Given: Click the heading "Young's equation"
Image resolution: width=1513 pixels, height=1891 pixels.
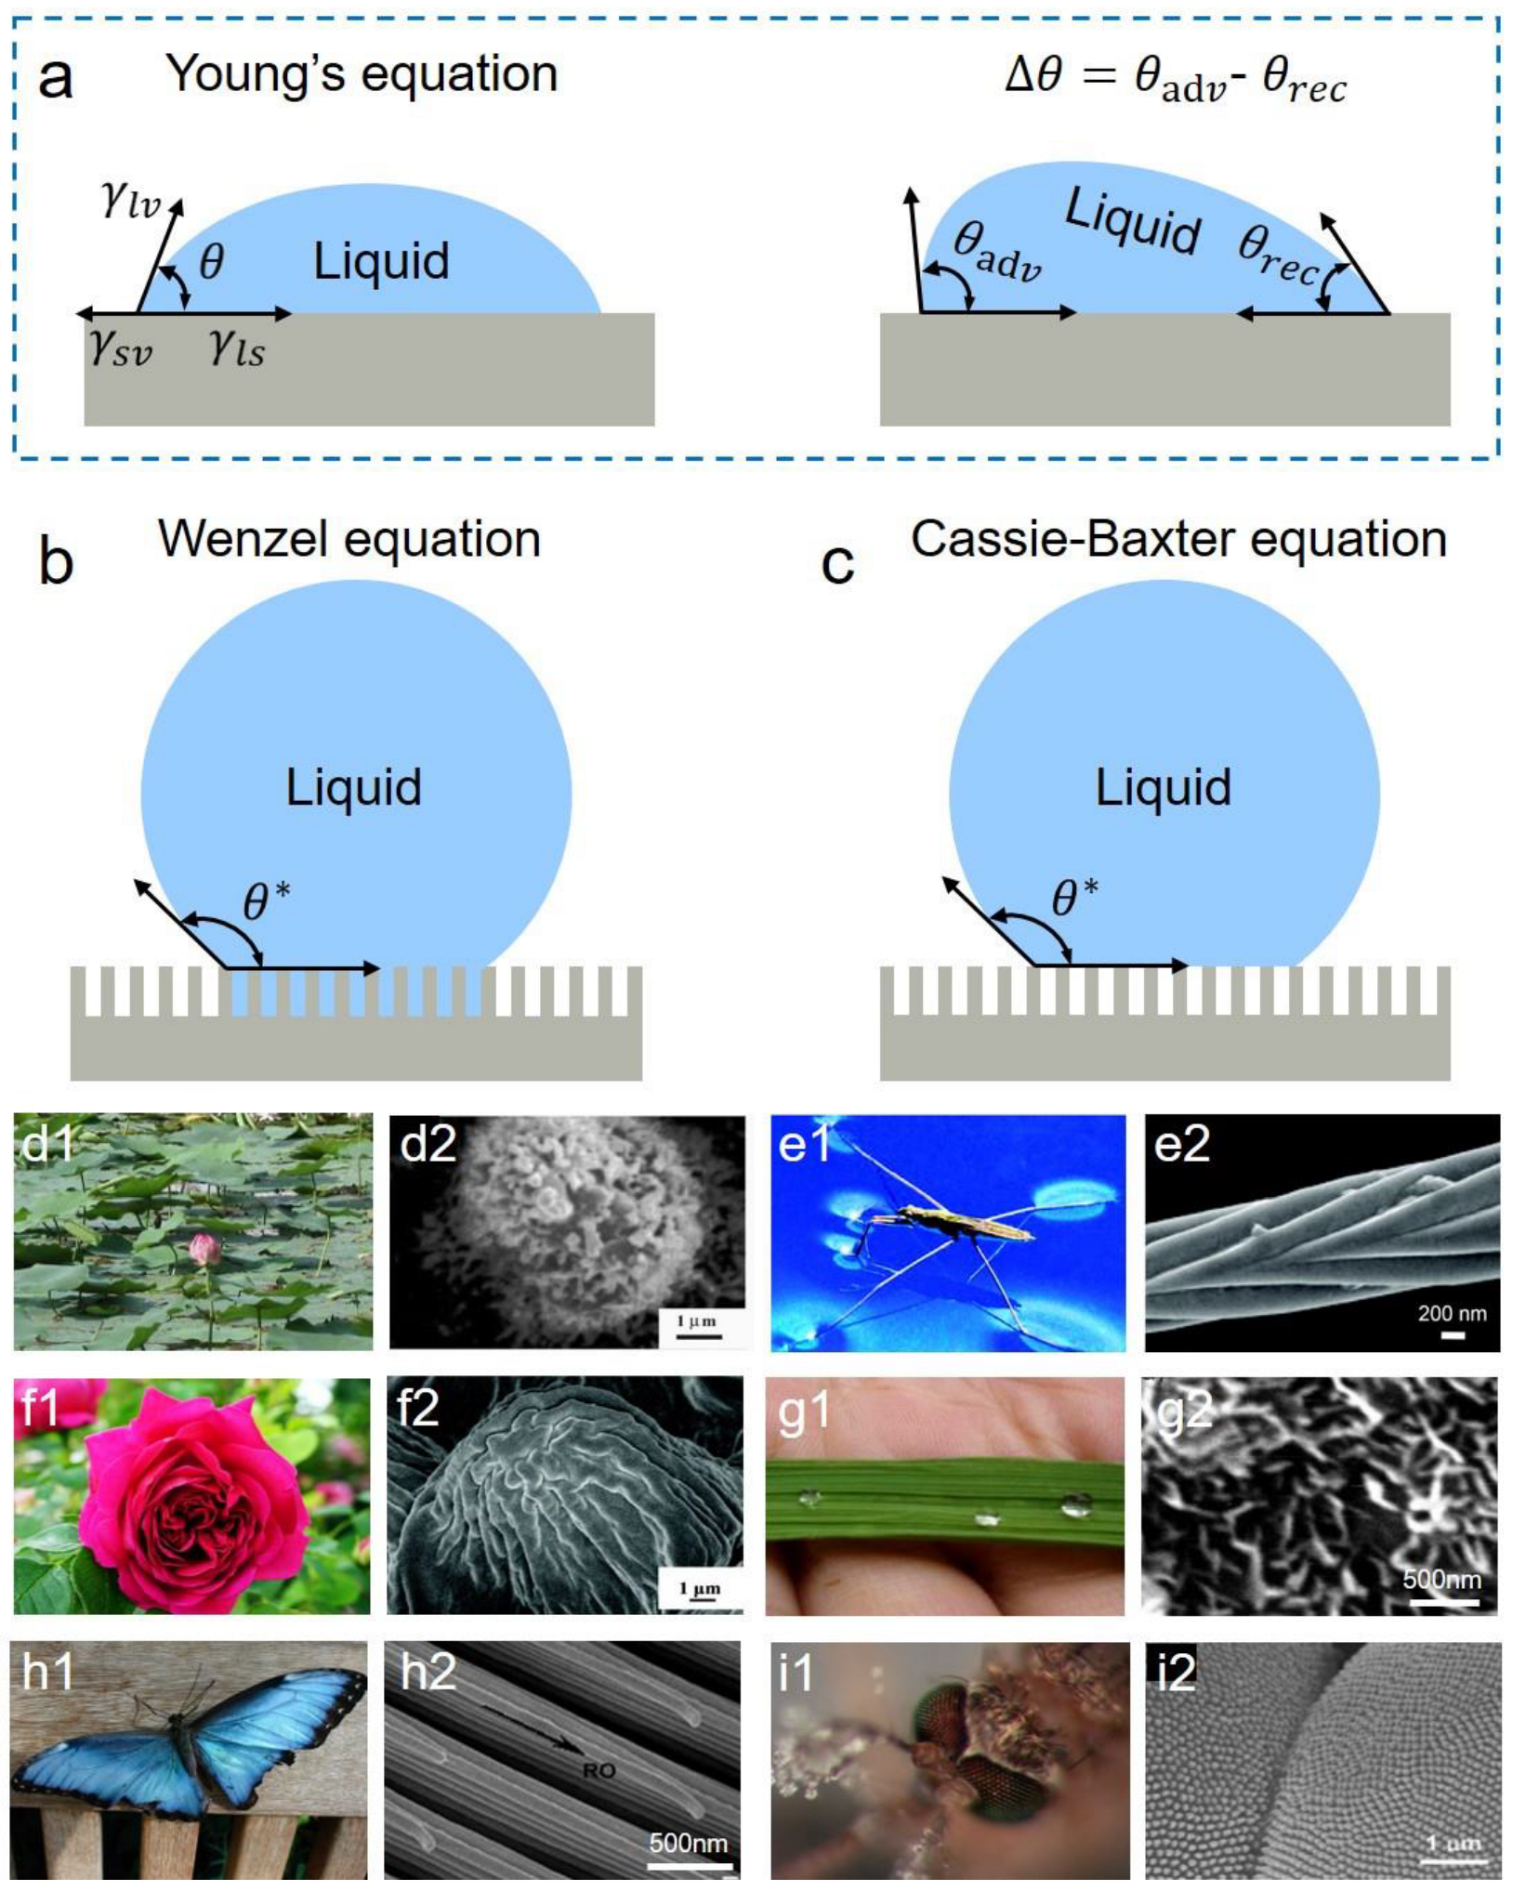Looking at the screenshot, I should point(362,73).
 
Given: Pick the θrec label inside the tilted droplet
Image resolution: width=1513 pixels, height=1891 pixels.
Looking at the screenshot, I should point(1279,256).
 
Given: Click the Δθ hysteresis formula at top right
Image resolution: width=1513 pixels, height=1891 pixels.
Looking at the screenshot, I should point(1175,77).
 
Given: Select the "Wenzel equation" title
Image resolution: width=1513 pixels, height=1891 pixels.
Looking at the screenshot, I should point(349,539).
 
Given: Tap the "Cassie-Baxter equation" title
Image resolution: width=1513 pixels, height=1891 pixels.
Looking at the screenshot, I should point(1178,539).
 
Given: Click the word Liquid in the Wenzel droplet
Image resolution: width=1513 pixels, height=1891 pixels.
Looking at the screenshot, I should point(353,787).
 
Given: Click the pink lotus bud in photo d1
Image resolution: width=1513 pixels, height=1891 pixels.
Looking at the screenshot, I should point(205,1250).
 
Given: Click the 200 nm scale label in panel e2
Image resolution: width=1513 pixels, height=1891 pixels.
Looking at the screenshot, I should point(1452,1313).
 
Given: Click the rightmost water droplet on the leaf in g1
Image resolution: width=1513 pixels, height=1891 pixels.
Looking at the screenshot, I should point(1076,1504).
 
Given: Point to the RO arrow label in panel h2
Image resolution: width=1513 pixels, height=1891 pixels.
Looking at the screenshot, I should point(599,1771).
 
